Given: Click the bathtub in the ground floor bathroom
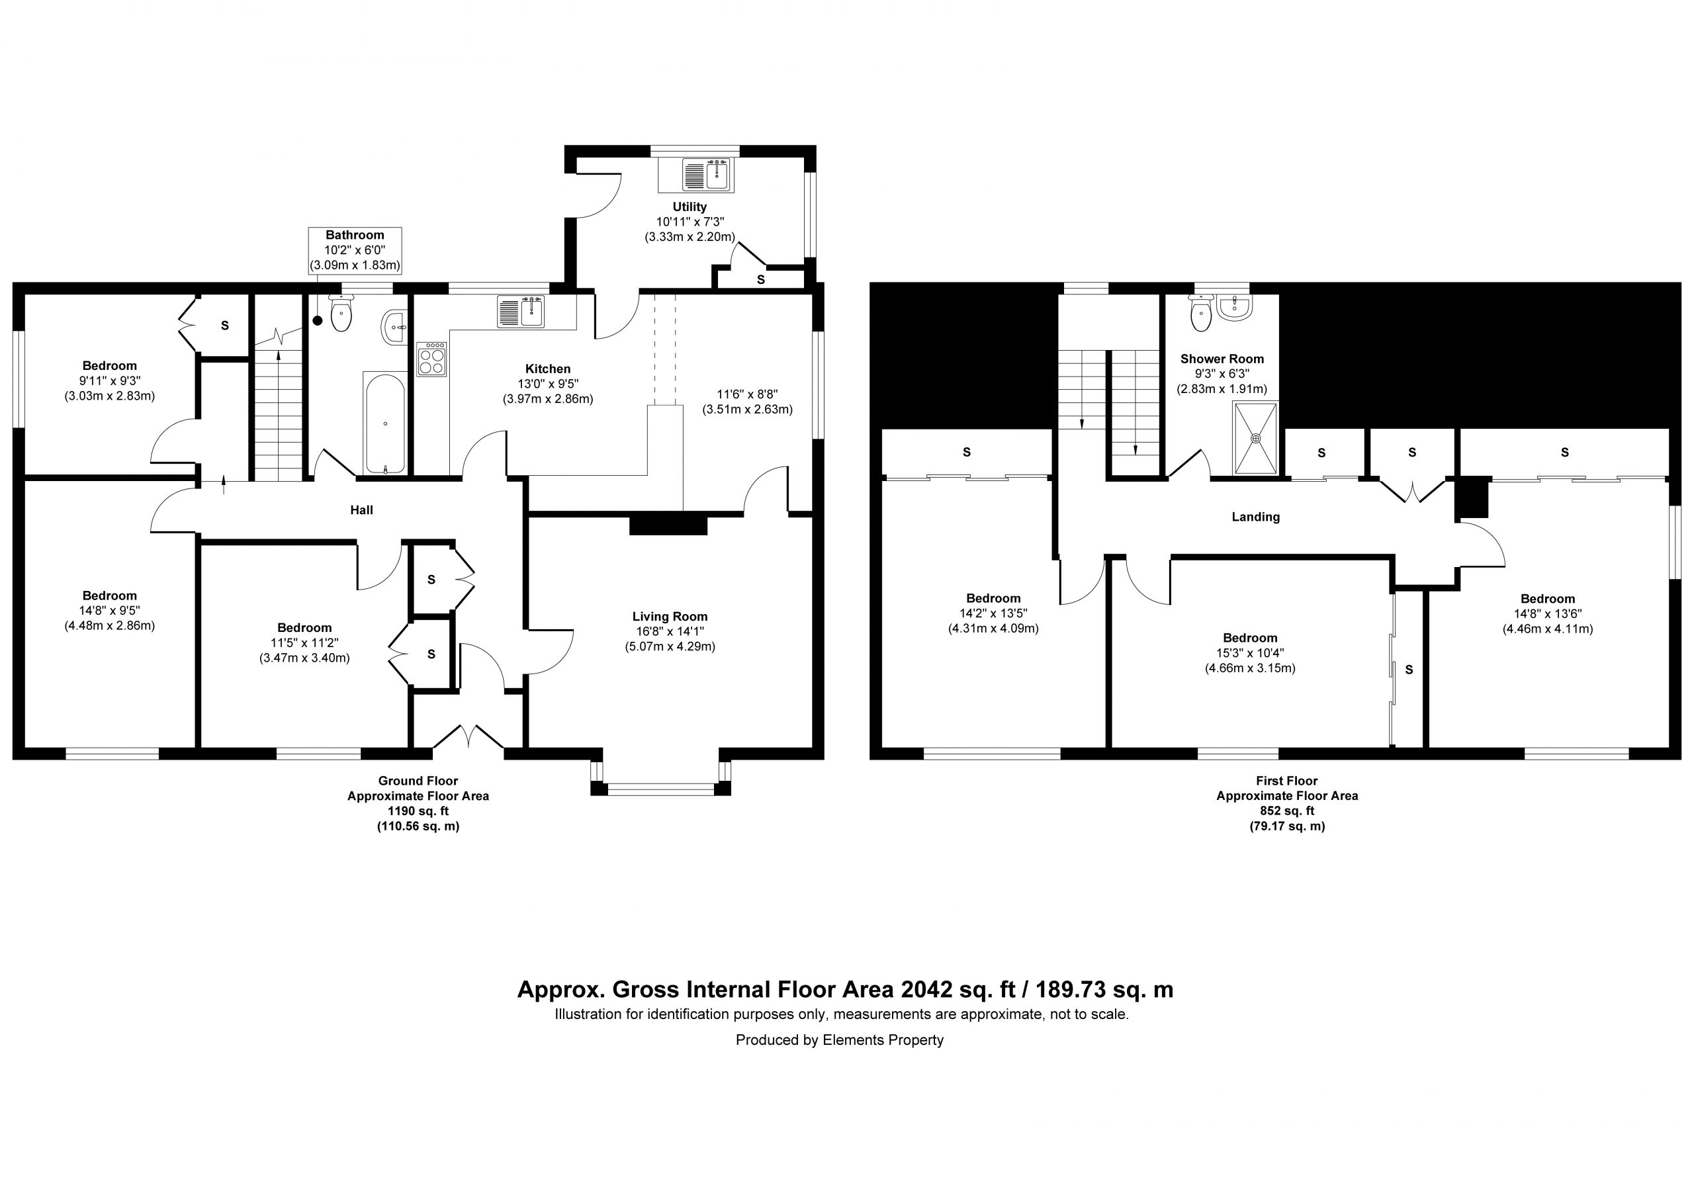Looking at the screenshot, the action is tap(384, 423).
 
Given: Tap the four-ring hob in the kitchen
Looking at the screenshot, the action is tap(431, 359).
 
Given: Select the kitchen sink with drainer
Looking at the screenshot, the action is tap(521, 311).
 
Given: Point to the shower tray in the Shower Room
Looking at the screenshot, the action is tap(1256, 437).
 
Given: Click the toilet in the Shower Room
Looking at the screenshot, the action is tap(1201, 313).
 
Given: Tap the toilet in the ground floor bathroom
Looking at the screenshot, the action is tap(341, 313).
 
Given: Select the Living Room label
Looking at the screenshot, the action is tap(670, 616).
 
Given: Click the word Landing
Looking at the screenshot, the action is tap(1256, 517).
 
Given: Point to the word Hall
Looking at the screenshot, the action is tap(361, 510).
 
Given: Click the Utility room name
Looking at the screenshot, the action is tap(690, 206).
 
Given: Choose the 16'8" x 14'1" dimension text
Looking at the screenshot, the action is tap(670, 631).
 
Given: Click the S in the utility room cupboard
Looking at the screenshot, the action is tap(761, 281).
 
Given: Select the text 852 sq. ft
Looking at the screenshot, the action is tap(1287, 811).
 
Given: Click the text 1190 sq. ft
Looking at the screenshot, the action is tap(418, 811).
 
